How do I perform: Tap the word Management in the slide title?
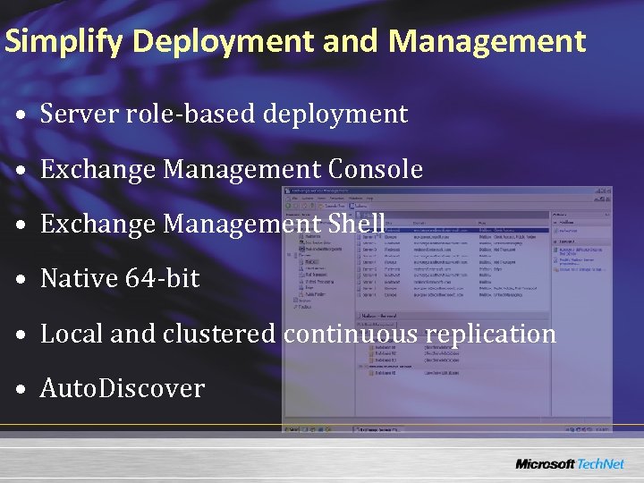487,41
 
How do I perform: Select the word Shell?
357,224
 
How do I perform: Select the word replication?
491,334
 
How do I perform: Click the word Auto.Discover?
123,388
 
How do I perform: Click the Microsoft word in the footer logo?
545,464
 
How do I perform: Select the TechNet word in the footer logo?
602,464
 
